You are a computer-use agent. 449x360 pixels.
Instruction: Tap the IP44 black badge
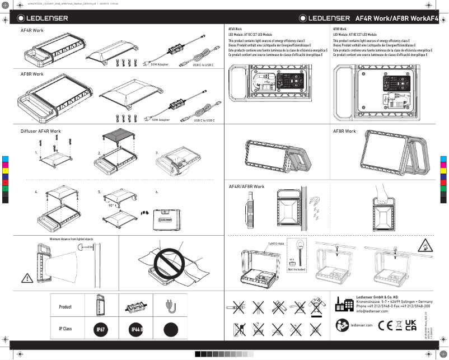click(x=136, y=330)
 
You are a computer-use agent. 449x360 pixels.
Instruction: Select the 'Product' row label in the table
click(x=66, y=307)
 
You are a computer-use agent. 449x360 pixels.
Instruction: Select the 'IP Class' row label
click(x=66, y=330)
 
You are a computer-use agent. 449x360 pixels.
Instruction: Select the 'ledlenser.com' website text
click(x=361, y=325)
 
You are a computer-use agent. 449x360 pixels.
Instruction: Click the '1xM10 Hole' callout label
click(x=276, y=244)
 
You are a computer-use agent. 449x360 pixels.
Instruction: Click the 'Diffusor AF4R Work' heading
click(x=40, y=131)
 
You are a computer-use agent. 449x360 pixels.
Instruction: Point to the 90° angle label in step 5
click(x=112, y=205)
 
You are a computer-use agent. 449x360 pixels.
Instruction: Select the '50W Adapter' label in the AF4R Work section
click(x=159, y=64)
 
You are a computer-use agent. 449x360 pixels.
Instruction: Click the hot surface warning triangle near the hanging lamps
click(x=424, y=245)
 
